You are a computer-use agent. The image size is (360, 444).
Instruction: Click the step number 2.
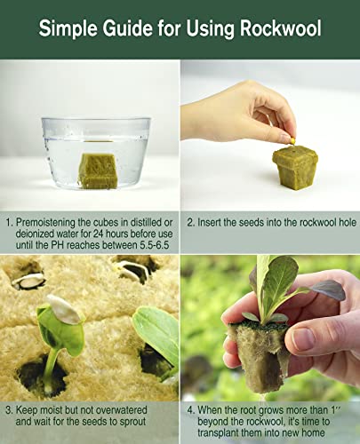(189, 218)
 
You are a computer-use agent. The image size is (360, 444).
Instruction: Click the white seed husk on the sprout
(62, 309)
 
